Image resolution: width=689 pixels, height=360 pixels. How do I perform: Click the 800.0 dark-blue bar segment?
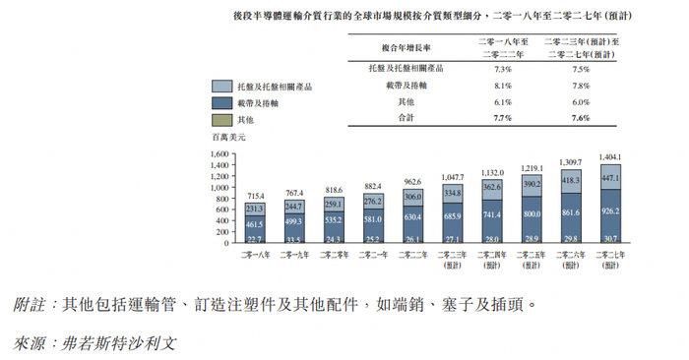click(532, 213)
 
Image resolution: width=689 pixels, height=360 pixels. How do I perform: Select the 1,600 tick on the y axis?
click(219, 154)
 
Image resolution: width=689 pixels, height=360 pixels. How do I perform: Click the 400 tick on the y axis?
click(222, 220)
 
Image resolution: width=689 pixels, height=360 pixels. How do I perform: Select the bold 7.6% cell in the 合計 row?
click(581, 118)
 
